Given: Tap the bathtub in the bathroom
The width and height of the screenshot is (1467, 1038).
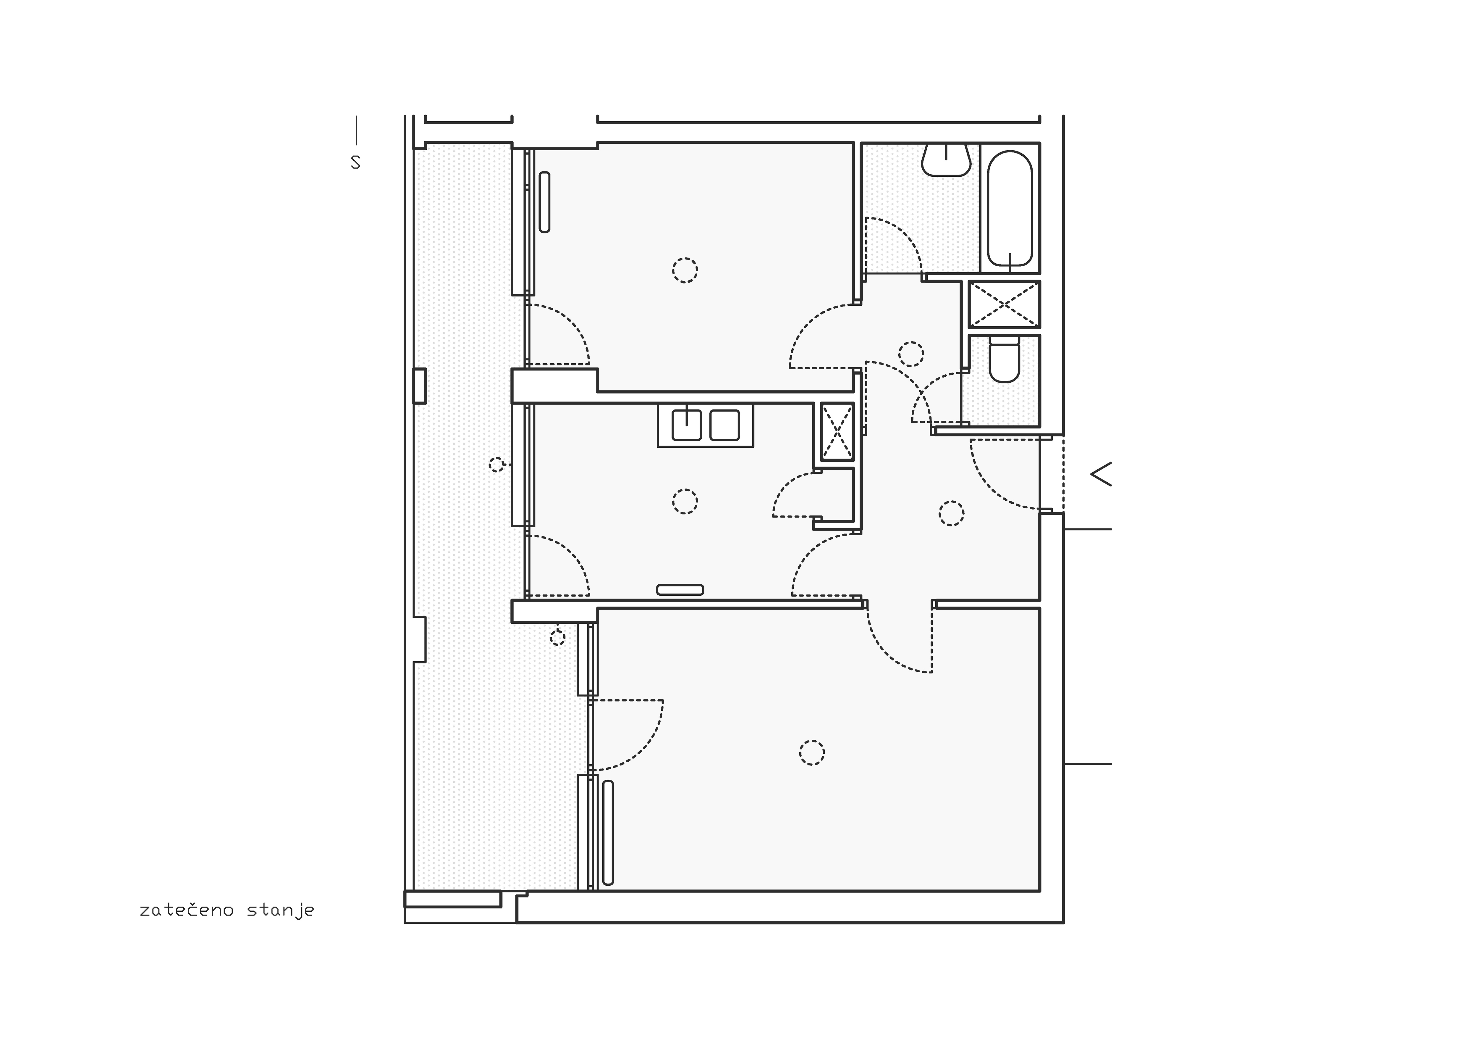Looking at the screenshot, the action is [1010, 208].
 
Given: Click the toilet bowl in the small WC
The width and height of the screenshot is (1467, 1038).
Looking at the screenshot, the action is [1004, 360].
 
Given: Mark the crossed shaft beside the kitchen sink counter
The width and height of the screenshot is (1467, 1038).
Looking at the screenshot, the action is [836, 431].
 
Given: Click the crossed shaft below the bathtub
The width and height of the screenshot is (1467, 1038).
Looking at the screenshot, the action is [1004, 304].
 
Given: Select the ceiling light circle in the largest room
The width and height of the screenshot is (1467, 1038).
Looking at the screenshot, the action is [811, 753].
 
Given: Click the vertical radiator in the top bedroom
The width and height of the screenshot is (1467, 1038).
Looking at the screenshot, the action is [544, 202].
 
